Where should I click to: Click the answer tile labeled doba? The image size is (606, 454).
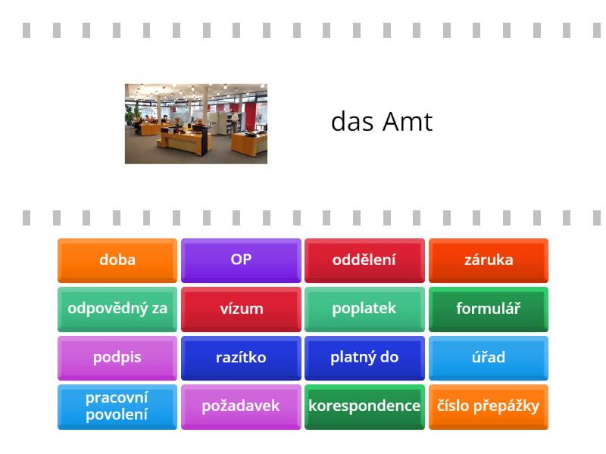click(x=117, y=260)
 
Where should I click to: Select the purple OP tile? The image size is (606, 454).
click(x=241, y=260)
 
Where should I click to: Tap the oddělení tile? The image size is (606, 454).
click(x=364, y=260)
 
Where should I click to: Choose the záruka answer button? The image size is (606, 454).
click(x=489, y=260)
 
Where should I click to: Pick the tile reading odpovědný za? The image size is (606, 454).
click(x=117, y=309)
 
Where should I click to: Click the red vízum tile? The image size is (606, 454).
click(x=241, y=309)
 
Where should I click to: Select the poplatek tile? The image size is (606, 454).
click(x=364, y=309)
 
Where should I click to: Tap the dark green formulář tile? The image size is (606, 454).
click(x=489, y=309)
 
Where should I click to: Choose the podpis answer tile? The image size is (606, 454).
click(x=117, y=358)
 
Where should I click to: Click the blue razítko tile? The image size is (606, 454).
click(x=241, y=358)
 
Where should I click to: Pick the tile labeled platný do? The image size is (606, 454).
click(x=364, y=358)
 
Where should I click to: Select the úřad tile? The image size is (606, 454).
click(x=489, y=358)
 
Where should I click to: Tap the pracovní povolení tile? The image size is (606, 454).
click(x=117, y=406)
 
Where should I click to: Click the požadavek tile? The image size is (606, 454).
click(x=241, y=406)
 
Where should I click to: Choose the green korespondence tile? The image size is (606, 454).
click(x=364, y=406)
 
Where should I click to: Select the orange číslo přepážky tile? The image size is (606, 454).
click(x=489, y=406)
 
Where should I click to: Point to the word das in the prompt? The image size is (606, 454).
click(x=352, y=123)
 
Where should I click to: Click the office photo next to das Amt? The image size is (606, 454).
click(x=195, y=123)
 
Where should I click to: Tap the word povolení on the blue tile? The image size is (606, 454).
click(x=117, y=415)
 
